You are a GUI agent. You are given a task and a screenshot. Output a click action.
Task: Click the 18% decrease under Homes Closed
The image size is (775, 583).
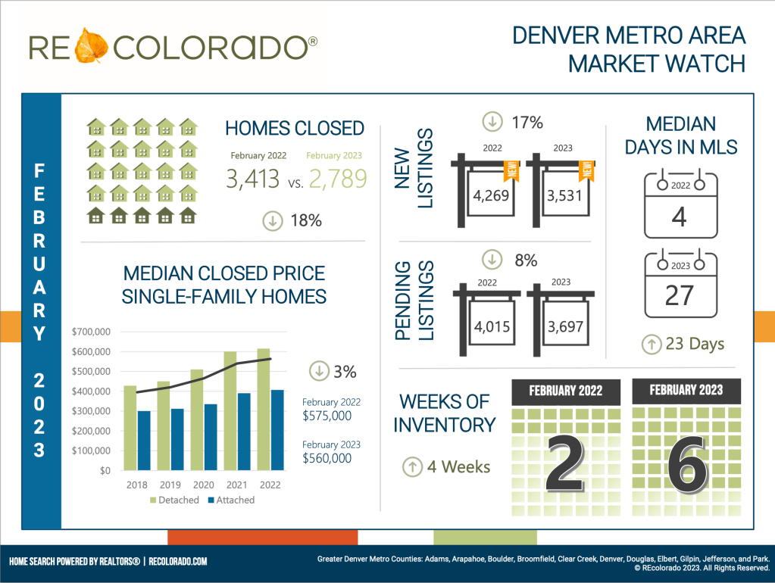[305, 220]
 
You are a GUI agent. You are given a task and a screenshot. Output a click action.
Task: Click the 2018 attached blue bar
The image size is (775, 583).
[144, 441]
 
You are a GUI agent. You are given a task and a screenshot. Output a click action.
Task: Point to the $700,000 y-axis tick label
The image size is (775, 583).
[91, 332]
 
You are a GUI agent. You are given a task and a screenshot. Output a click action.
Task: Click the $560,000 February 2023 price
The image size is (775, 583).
[327, 458]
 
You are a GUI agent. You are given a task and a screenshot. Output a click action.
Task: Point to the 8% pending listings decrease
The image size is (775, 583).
[526, 260]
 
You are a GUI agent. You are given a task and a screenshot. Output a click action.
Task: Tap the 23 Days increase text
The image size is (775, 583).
[695, 344]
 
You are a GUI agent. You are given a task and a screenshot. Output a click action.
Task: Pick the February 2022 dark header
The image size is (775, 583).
[566, 391]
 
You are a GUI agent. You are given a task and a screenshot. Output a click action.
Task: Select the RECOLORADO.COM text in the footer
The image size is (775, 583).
[178, 562]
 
